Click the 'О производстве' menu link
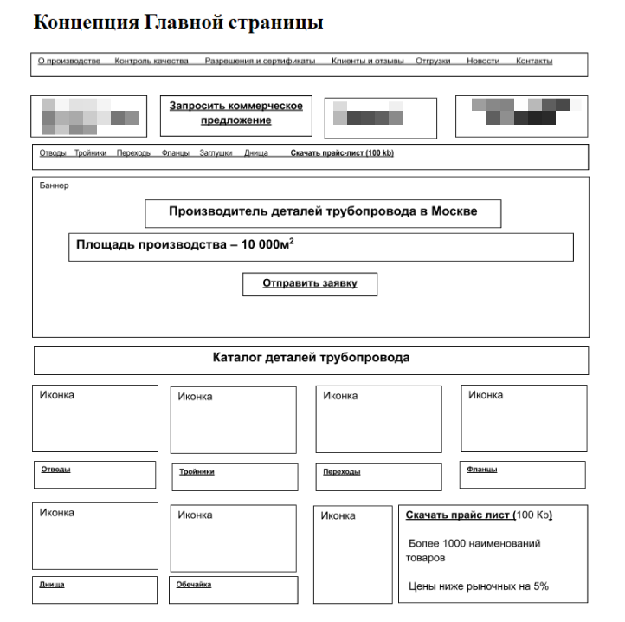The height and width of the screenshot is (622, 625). [69, 62]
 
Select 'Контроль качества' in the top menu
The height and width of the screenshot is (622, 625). [151, 62]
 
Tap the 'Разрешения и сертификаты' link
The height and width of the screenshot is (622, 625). [260, 62]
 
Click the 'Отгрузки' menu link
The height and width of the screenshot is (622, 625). [432, 62]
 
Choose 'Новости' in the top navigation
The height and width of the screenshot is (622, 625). [482, 62]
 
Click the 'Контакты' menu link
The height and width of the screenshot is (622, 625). [533, 62]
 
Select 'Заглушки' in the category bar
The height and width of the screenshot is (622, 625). [216, 153]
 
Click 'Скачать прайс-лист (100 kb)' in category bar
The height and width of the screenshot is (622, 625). [342, 153]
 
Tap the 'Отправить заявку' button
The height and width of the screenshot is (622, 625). [310, 283]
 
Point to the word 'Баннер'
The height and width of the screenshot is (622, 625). [54, 185]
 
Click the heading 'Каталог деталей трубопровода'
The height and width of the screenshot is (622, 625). [311, 358]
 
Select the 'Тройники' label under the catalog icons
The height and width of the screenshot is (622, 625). [197, 472]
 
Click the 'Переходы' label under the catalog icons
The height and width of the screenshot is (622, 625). [341, 472]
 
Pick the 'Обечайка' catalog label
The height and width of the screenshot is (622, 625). [193, 585]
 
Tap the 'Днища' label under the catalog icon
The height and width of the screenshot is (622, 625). [52, 585]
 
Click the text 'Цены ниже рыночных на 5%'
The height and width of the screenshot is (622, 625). [478, 586]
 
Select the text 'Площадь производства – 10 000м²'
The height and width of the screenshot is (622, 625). [184, 244]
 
